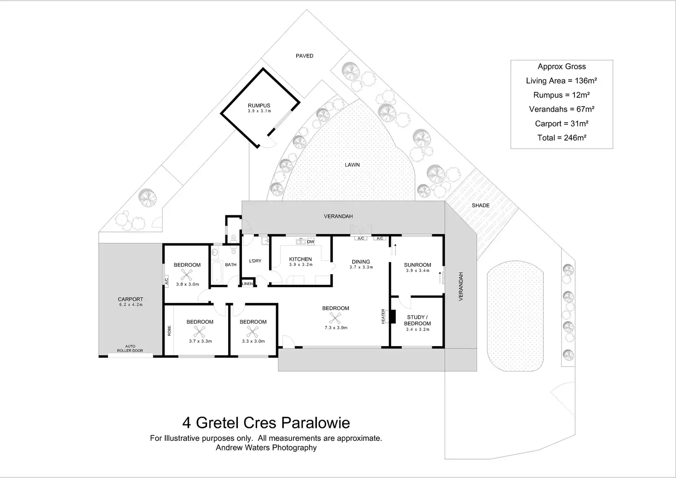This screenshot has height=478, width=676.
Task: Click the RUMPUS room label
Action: (x=259, y=106)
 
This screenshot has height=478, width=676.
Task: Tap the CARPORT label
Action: (x=130, y=299)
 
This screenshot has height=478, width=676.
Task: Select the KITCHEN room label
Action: (x=300, y=259)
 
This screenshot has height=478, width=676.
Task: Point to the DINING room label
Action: (x=361, y=262)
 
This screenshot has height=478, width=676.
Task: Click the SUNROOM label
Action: (x=417, y=265)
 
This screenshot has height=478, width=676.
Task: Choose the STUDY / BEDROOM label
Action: (x=417, y=320)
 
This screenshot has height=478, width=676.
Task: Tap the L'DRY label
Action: (x=255, y=261)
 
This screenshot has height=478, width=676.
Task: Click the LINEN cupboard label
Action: (x=248, y=284)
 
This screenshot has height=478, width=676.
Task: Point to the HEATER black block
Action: (x=392, y=317)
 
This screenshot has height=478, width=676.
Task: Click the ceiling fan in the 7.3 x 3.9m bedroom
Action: (x=336, y=317)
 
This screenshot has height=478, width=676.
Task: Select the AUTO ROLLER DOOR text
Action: (x=130, y=349)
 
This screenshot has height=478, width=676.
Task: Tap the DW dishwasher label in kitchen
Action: (x=310, y=242)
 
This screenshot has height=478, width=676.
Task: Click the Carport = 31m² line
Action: (x=562, y=124)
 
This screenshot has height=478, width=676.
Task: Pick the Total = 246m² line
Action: (x=562, y=138)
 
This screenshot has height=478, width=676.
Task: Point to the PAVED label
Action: (x=304, y=56)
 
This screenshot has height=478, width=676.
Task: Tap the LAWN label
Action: (x=352, y=165)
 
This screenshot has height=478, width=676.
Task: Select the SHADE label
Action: (x=480, y=205)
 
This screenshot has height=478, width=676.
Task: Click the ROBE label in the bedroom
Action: (x=169, y=330)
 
